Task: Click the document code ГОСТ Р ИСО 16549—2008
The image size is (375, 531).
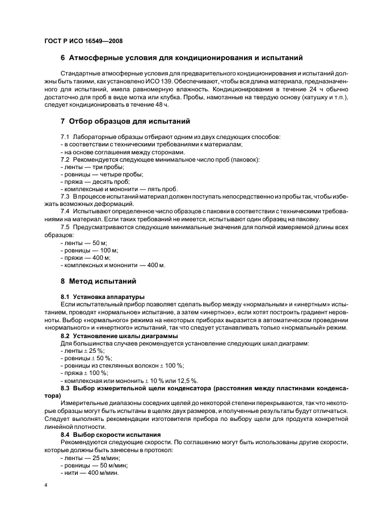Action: (x=83, y=41)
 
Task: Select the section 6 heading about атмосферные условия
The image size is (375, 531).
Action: (x=182, y=58)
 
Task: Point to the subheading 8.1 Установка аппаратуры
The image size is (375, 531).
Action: (x=103, y=297)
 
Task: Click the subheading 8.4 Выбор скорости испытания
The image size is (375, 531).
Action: (x=111, y=435)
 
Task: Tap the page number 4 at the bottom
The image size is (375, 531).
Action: (x=45, y=486)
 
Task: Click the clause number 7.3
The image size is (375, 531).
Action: (x=66, y=196)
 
